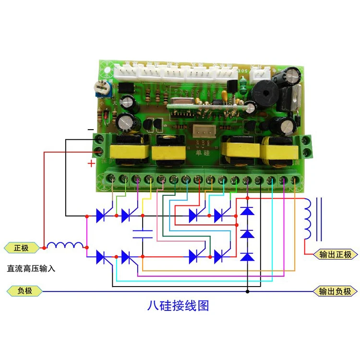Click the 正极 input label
tap(22, 248)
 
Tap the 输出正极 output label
tap(335, 254)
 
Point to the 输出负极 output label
tap(335, 291)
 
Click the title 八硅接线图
tap(178, 306)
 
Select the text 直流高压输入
tap(31, 268)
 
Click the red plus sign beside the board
tap(91, 164)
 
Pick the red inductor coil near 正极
tap(65, 245)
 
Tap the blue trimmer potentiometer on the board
tap(102, 88)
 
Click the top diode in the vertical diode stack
tap(247, 210)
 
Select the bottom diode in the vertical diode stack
tap(247, 257)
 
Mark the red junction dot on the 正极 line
tap(44, 248)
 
